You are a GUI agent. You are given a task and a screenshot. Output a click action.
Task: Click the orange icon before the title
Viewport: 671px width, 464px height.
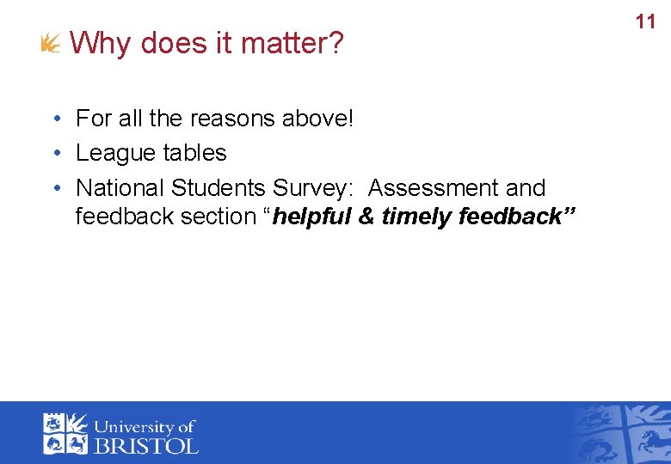coord(51,43)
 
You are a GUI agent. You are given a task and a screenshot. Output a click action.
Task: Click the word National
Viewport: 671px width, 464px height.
coord(120,187)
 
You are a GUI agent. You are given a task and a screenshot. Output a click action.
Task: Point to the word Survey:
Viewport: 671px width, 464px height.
coord(313,187)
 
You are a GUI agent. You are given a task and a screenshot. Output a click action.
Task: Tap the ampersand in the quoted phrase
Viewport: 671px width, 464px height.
coord(366,217)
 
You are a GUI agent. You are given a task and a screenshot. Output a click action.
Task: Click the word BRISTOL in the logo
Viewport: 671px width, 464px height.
coord(145,445)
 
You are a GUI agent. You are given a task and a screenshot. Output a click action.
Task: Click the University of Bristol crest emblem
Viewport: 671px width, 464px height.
coord(65,433)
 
